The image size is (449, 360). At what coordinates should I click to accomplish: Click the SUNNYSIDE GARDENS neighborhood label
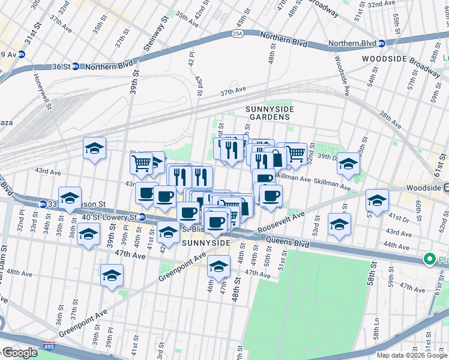[x=268, y=112]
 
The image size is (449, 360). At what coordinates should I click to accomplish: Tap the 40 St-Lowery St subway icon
[x=142, y=217]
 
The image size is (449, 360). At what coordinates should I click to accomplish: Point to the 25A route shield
[x=237, y=34]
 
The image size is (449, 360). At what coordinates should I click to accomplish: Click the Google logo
[x=20, y=353]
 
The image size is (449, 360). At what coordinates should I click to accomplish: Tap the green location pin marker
[x=429, y=259]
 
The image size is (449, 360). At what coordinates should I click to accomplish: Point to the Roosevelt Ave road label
[x=281, y=223]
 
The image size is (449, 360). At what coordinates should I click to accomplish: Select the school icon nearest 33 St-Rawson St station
[x=70, y=198]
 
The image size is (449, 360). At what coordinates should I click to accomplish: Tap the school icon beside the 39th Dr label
[x=348, y=163]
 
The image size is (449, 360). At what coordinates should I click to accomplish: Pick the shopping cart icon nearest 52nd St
[x=295, y=154]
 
